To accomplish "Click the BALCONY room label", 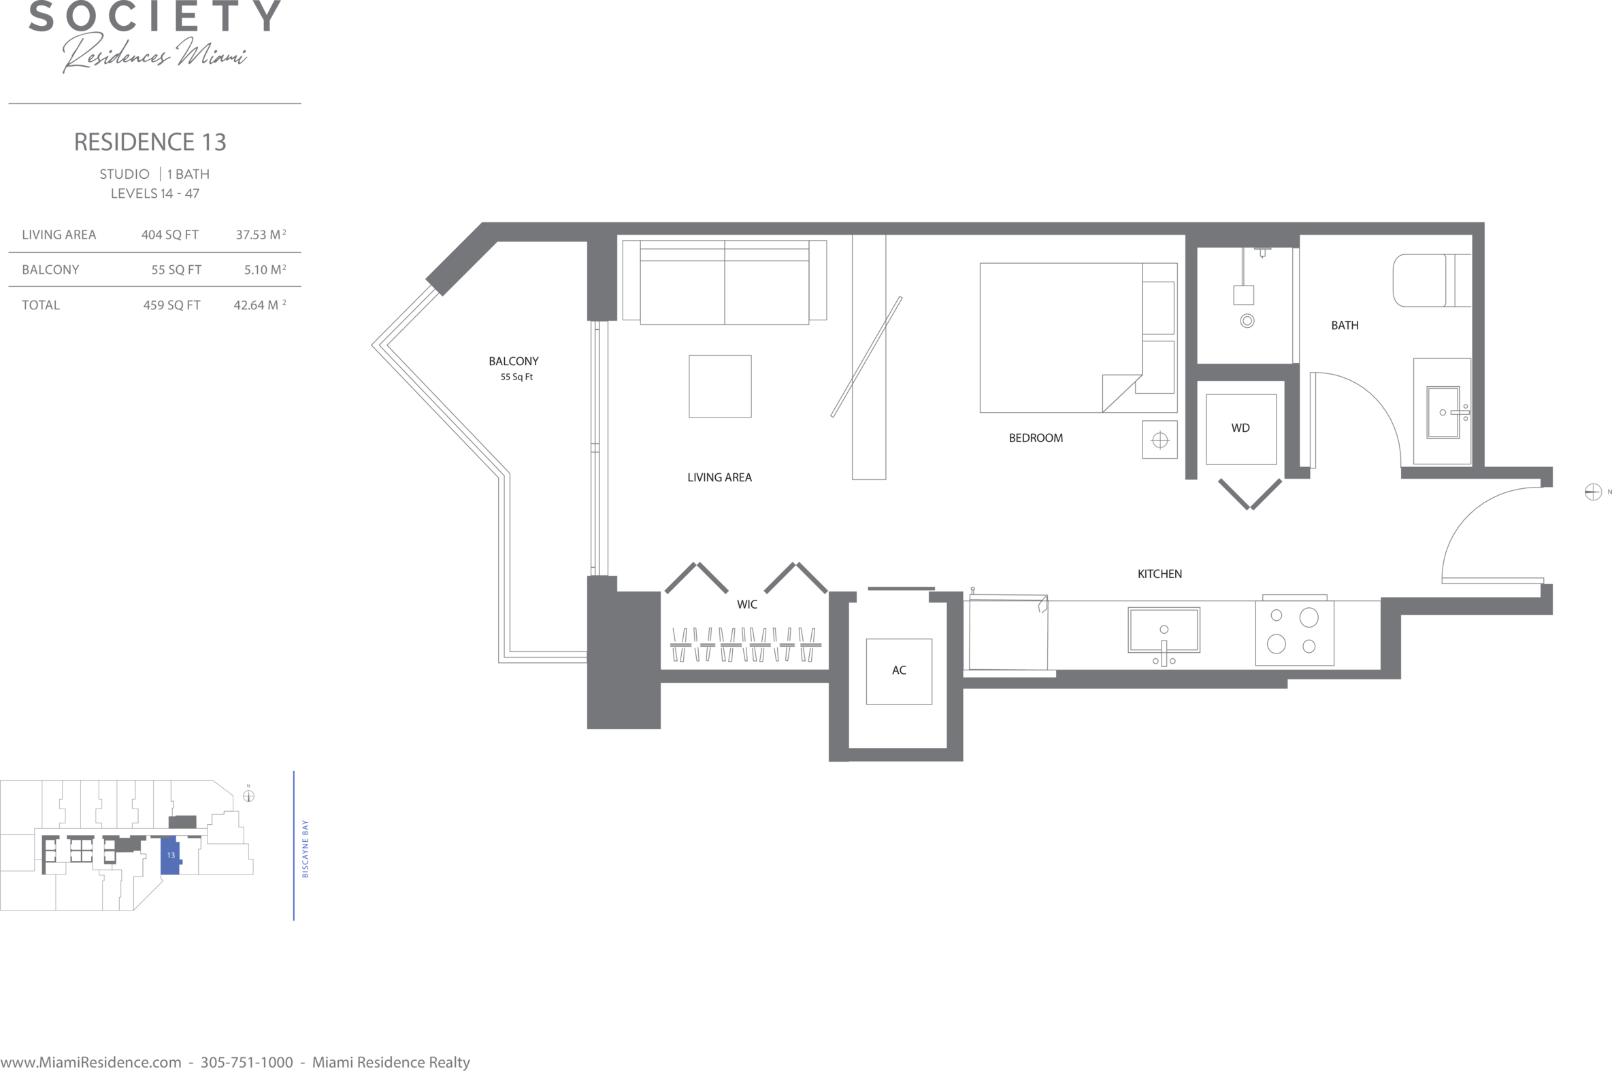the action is click(x=513, y=361).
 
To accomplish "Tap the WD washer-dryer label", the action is click(x=1240, y=428).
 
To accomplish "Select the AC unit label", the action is click(x=899, y=670).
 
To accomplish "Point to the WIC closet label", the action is click(x=747, y=605).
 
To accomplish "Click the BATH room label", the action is click(x=1345, y=326).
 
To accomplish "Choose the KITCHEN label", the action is click(x=1159, y=575).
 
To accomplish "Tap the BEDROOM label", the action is click(x=1036, y=439).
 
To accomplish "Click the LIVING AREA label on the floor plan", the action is click(x=719, y=478).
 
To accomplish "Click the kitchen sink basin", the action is click(x=1164, y=630).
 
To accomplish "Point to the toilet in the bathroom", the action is click(x=1431, y=281).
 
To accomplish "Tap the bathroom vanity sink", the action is click(x=1443, y=413).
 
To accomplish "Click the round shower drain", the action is click(x=1247, y=321).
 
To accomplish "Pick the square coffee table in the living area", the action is click(x=720, y=386).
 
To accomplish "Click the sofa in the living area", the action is click(x=724, y=282).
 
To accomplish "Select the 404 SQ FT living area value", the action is click(x=170, y=235).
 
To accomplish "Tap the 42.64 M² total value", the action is click(x=260, y=305).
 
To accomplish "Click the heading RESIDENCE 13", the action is click(x=150, y=142).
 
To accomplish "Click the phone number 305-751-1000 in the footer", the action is click(x=247, y=1062).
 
